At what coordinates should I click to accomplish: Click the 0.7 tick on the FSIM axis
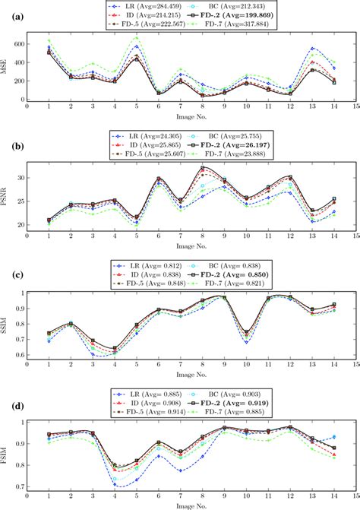tap(19, 487)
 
